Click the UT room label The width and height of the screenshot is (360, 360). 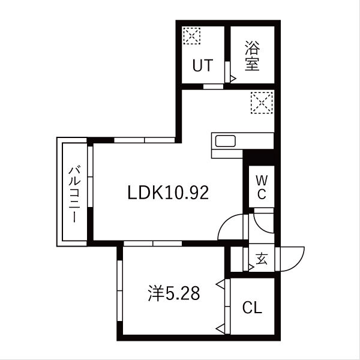[202, 65]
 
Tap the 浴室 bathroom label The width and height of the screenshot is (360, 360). [252, 56]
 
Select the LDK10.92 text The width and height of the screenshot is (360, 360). [168, 193]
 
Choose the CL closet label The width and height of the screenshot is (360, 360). [253, 308]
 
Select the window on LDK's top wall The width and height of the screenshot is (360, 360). [144, 140]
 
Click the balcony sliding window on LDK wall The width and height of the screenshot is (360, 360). [89, 191]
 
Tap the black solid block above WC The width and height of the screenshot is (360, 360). [259, 157]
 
